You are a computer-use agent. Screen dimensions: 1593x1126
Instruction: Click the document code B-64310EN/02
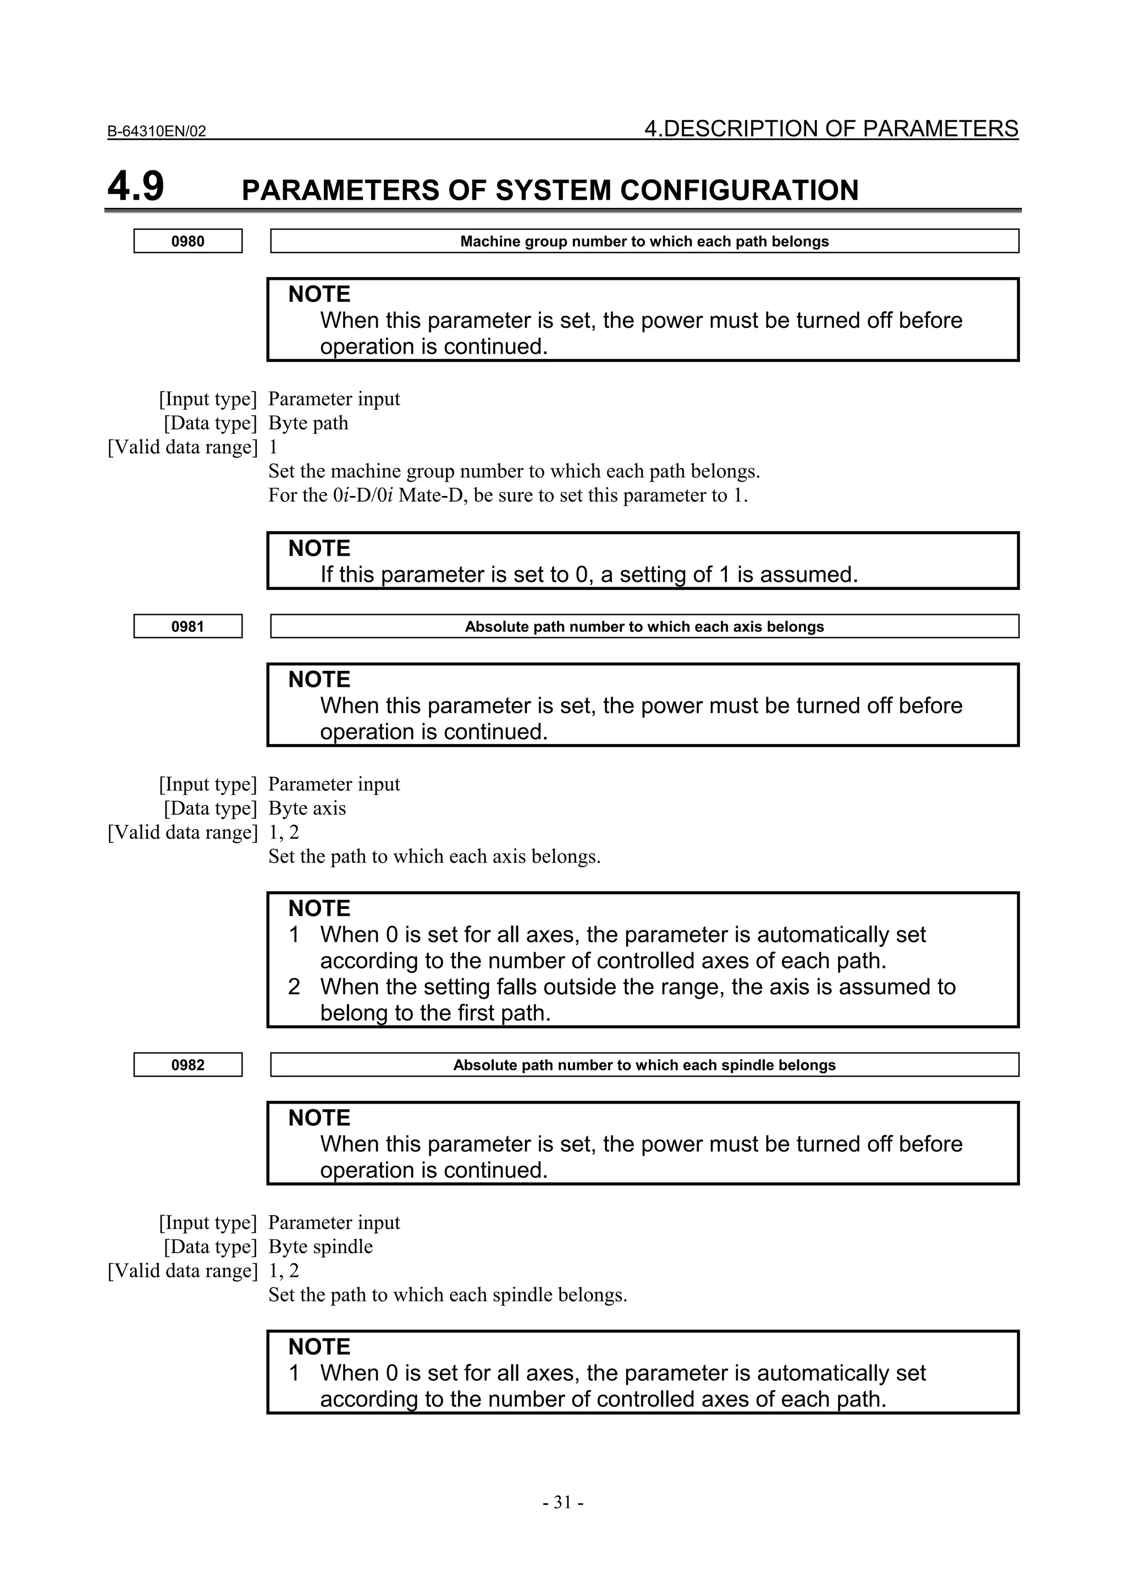click(157, 131)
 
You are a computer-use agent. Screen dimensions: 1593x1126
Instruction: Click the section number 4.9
click(136, 188)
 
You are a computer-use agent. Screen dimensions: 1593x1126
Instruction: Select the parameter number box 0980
click(188, 241)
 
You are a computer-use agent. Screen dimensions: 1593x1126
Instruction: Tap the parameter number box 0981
click(188, 626)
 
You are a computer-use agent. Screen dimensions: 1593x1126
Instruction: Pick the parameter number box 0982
click(188, 1065)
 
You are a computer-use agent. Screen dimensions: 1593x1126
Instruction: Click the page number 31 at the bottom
click(562, 1502)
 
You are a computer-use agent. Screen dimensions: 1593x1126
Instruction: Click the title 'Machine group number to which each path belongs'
click(644, 241)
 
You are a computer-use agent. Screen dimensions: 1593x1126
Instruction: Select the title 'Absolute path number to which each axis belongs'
click(644, 626)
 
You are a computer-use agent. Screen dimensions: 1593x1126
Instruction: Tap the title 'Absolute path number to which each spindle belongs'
click(644, 1065)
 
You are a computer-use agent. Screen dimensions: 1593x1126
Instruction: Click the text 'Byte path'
click(308, 423)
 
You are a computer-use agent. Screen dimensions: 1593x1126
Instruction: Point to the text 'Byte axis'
click(307, 808)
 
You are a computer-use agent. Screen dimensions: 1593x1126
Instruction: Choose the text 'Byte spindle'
click(321, 1247)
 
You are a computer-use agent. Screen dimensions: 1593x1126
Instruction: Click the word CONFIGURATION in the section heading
click(739, 190)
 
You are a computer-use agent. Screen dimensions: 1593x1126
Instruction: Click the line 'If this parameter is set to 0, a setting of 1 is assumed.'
click(589, 575)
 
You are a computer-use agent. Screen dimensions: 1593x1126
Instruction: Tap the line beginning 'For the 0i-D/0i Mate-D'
click(508, 495)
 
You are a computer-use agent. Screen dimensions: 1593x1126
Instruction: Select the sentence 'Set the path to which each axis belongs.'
click(434, 856)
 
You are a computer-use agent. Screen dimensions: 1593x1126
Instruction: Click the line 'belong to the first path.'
click(435, 1013)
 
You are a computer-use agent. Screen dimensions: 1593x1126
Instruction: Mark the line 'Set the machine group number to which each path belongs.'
click(514, 471)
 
